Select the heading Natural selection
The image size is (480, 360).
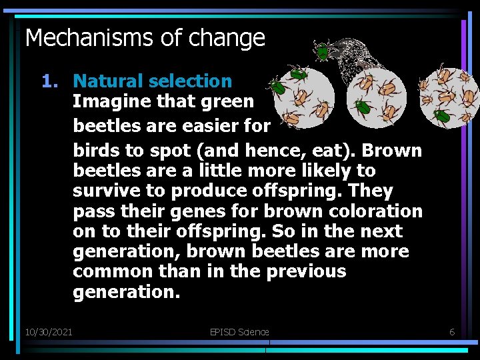152,81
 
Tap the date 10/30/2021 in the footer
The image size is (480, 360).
49,331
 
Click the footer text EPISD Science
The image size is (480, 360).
239,331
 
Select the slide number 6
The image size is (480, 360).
451,331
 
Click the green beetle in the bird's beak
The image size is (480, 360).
322,51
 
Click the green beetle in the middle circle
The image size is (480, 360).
363,107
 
